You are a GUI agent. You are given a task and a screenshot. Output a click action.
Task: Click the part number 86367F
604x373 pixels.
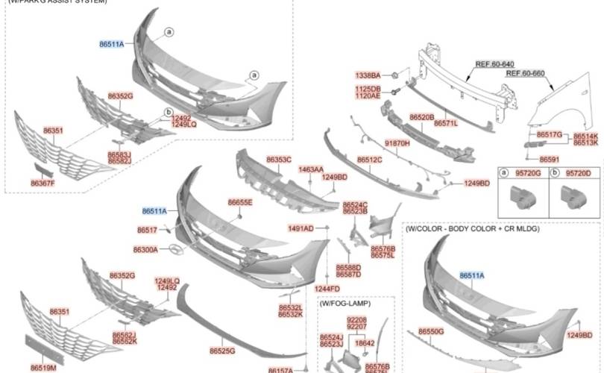(43, 183)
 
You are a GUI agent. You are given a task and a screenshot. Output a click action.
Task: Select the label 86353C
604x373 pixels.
(279, 160)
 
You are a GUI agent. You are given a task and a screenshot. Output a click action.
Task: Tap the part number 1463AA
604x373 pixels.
(310, 170)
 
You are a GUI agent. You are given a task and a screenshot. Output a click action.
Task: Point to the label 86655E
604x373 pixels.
(240, 202)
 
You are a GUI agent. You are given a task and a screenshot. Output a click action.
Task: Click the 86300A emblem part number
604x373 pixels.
(145, 249)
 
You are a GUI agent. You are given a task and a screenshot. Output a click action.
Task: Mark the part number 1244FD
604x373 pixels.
(327, 289)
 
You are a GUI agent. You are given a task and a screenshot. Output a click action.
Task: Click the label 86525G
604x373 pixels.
(222, 350)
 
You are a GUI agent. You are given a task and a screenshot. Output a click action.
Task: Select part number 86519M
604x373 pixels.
(43, 368)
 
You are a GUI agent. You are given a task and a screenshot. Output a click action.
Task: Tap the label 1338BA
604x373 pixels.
(368, 75)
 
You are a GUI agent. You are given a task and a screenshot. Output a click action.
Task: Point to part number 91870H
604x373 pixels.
(397, 142)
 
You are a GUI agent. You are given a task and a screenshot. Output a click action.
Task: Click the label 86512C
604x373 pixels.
(370, 160)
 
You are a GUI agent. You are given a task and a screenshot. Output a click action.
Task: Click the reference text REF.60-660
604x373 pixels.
(526, 74)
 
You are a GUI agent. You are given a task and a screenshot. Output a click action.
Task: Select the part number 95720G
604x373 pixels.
(526, 173)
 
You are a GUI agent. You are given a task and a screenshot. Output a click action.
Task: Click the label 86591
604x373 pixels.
(550, 159)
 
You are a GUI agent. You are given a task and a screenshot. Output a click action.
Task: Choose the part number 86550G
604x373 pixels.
(431, 331)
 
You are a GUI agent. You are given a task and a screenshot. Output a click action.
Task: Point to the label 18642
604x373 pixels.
(365, 343)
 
